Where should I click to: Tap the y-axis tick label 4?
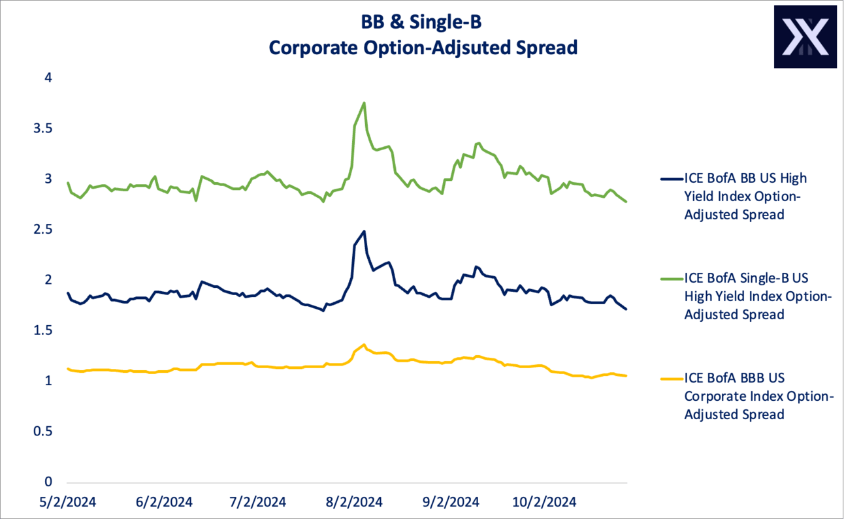(48, 78)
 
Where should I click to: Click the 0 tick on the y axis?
(48, 482)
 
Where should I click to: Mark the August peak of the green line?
(364, 102)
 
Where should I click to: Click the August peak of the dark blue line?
(364, 231)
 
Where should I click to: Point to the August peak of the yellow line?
(364, 345)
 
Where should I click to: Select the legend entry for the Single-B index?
(755, 296)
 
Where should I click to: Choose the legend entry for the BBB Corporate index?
(755, 396)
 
